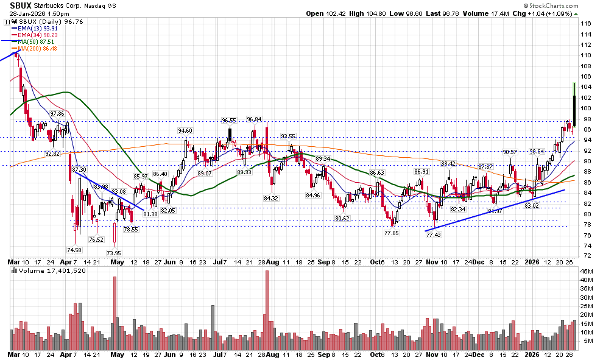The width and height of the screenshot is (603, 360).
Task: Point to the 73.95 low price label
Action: click(x=114, y=253)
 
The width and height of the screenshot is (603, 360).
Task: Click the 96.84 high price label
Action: click(x=254, y=119)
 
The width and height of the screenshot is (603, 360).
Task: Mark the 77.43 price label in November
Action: click(x=433, y=235)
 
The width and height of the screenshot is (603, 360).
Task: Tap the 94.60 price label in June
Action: click(x=185, y=130)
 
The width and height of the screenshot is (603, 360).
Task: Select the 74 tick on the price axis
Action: click(x=585, y=246)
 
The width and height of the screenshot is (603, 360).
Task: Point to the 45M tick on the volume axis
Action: click(x=587, y=271)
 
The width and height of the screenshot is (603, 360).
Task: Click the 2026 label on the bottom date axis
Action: click(x=534, y=354)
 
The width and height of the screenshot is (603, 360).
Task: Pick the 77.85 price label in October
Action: click(x=391, y=233)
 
